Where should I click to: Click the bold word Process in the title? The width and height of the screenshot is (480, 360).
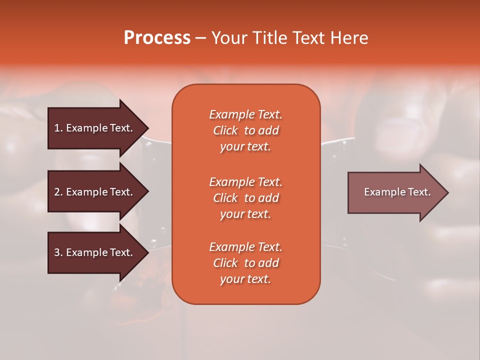(157, 38)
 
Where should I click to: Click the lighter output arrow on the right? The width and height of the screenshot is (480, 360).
(395, 192)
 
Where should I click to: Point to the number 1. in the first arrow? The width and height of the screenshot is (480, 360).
(58, 128)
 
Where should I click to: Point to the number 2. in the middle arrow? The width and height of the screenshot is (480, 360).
(58, 192)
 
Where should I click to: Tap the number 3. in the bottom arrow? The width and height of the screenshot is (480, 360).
(58, 252)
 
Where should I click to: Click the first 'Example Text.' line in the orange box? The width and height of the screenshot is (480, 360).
(245, 114)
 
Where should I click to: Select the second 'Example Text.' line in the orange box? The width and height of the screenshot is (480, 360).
(245, 181)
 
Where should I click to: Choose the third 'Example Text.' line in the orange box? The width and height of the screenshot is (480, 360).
(245, 247)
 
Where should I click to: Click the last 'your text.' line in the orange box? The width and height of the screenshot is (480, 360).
(245, 279)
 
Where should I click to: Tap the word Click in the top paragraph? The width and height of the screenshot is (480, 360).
(225, 131)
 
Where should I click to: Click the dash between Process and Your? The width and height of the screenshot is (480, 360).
(201, 38)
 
